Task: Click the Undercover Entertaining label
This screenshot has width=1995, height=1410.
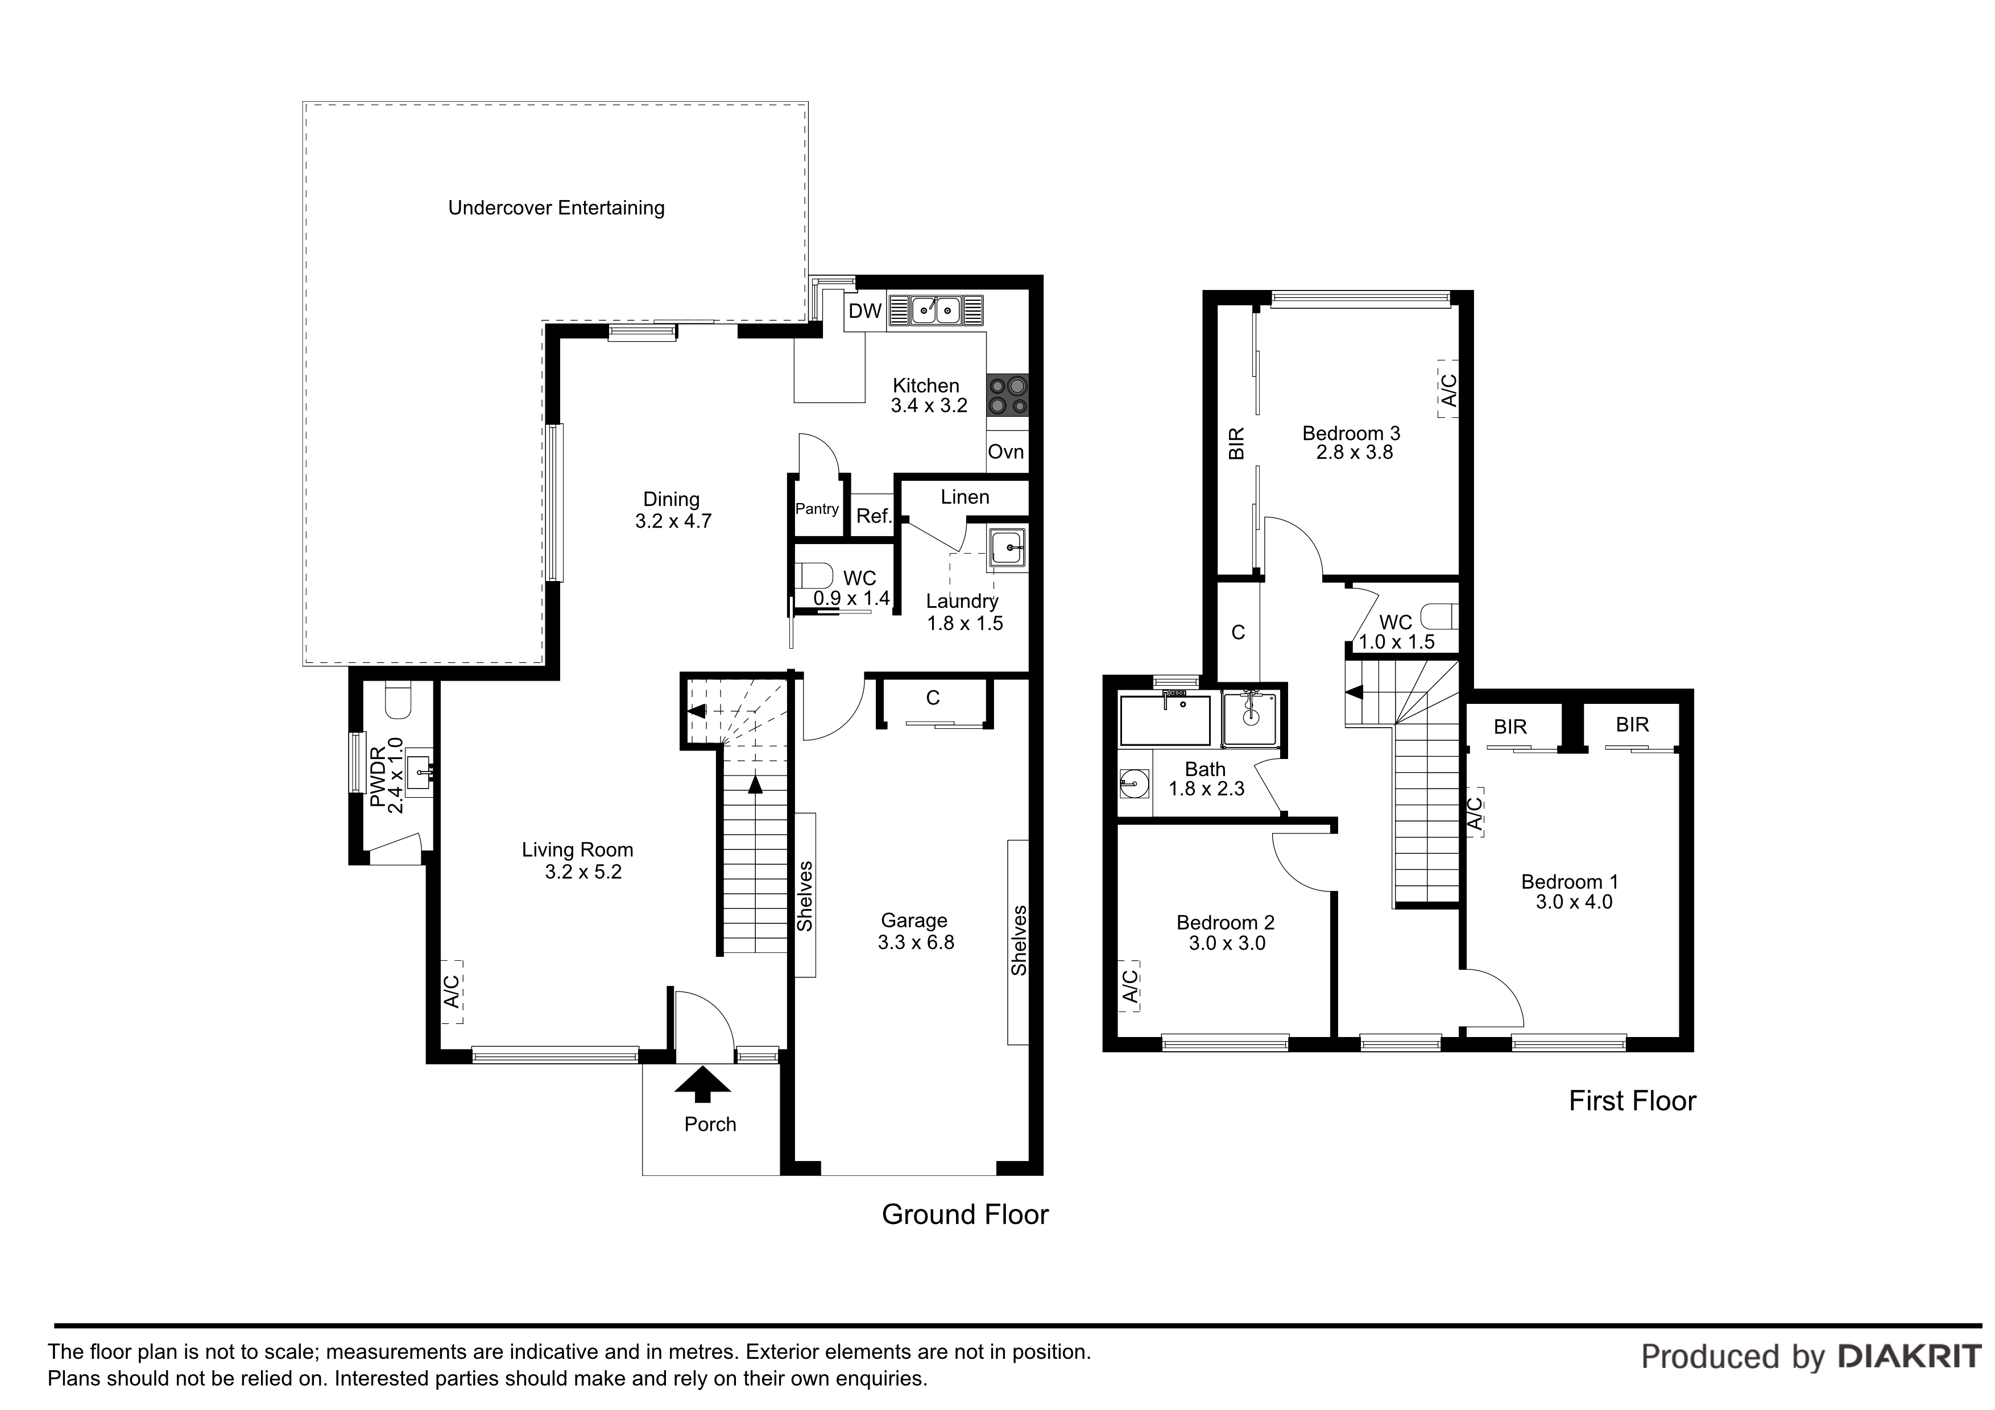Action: tap(556, 209)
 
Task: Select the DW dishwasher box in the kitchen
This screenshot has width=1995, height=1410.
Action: tap(864, 311)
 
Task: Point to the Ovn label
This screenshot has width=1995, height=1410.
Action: tap(1006, 452)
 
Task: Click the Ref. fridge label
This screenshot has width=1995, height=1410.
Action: tap(874, 516)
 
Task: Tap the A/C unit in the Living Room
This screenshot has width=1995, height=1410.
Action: tap(452, 991)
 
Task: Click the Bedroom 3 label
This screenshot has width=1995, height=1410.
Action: tap(1351, 433)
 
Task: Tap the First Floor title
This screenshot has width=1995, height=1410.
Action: tap(1632, 1102)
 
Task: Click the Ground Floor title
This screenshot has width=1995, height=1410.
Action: tap(965, 1214)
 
